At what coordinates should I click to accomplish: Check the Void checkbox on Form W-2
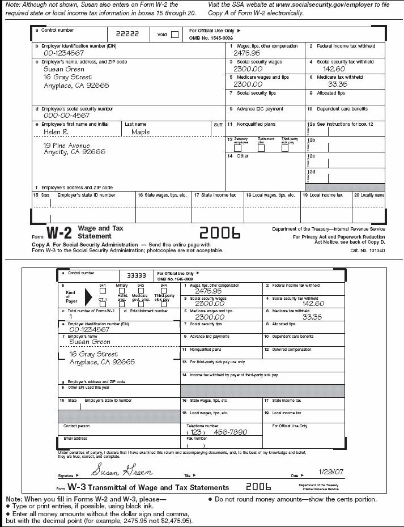[175, 34]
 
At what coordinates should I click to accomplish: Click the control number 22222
[127, 33]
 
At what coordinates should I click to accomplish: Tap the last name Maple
[141, 132]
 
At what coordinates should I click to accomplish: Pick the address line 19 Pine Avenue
[67, 145]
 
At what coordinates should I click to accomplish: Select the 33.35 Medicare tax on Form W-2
[338, 84]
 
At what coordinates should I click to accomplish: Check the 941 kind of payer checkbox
[103, 290]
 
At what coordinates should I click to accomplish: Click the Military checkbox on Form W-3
[121, 290]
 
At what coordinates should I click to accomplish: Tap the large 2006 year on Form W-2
[220, 233]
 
